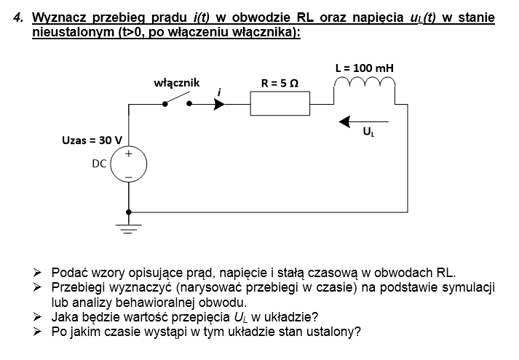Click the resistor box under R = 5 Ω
click(x=280, y=104)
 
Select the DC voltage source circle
click(x=129, y=165)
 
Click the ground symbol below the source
click(x=129, y=231)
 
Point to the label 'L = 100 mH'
click(x=364, y=68)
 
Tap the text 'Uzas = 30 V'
click(x=93, y=140)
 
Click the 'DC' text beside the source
click(x=100, y=164)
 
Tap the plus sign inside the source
click(x=129, y=154)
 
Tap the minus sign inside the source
click(x=129, y=177)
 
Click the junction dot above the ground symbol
click(x=129, y=212)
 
